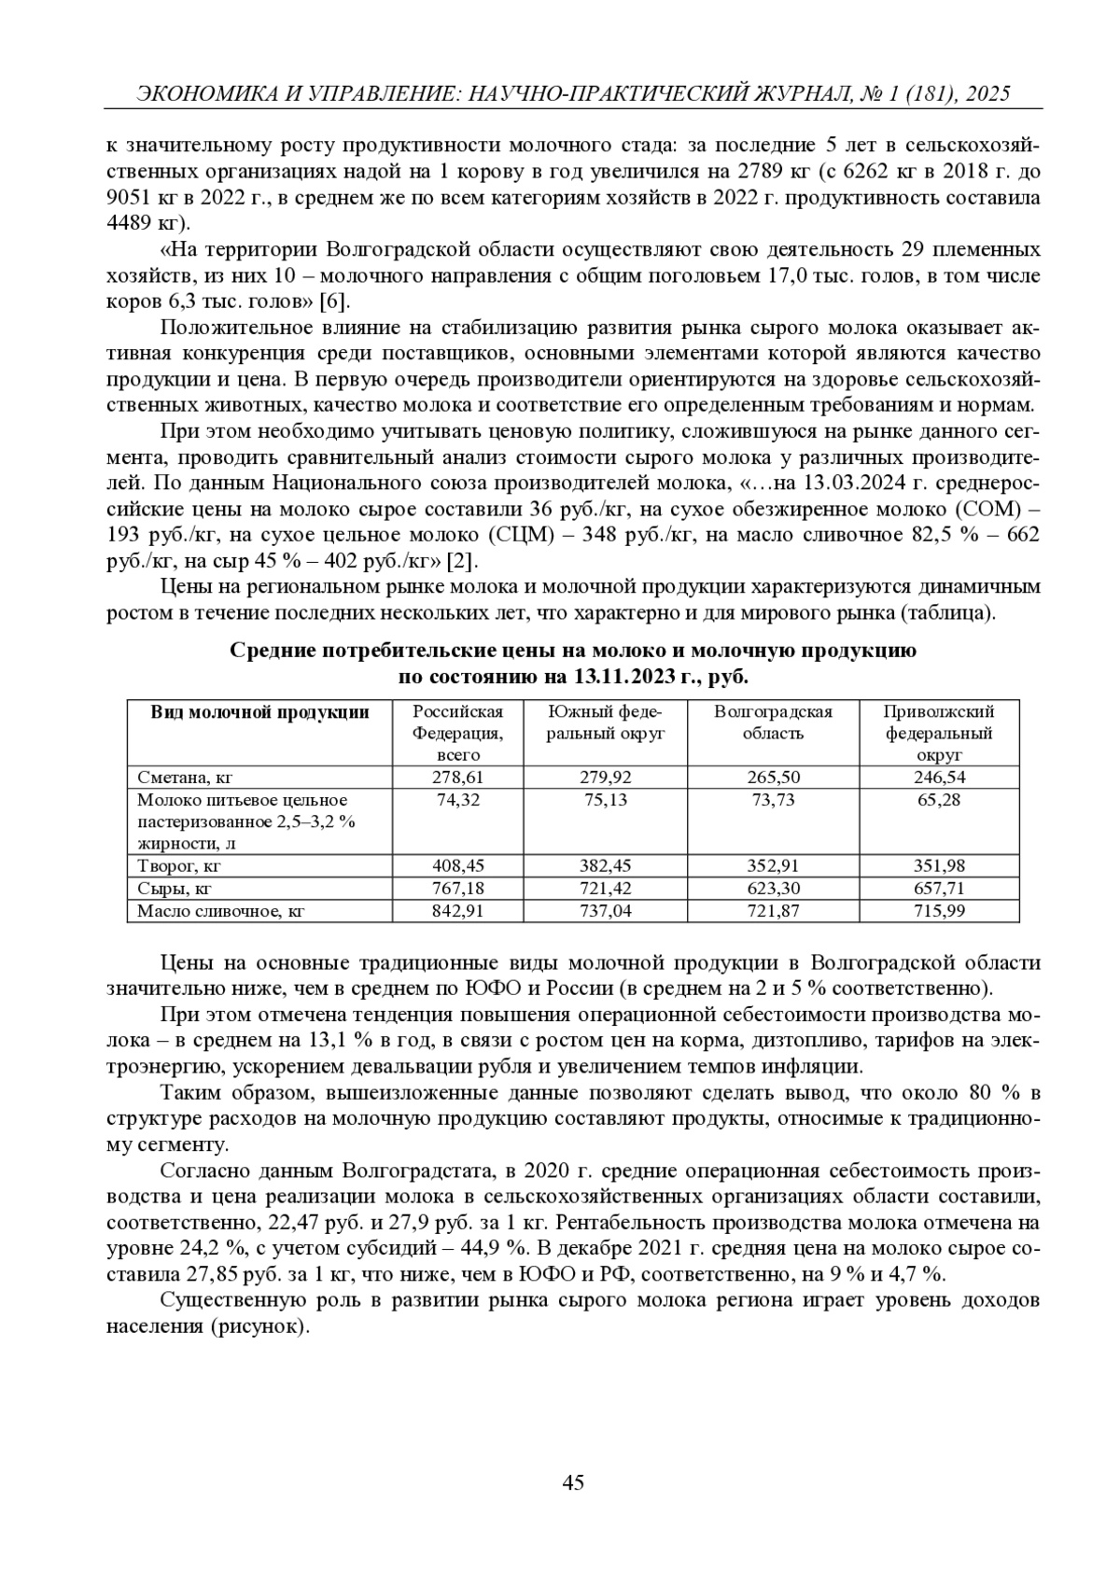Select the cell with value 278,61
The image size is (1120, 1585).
tap(458, 777)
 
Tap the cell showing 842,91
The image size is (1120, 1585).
tap(458, 910)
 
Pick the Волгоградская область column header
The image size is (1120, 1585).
tap(773, 722)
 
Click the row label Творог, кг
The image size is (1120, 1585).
tap(179, 865)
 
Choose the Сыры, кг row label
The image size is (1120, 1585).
tap(175, 888)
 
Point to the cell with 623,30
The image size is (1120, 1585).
tap(773, 888)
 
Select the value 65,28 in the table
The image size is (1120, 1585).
tap(939, 800)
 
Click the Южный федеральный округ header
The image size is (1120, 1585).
tap(606, 722)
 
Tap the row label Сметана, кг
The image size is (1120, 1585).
tap(184, 777)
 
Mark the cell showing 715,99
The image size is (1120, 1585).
tap(939, 910)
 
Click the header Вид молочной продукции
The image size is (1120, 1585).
tap(260, 712)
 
